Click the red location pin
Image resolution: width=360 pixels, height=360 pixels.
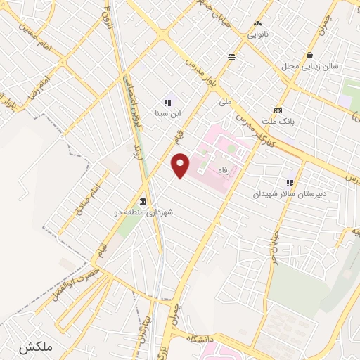point(181,165)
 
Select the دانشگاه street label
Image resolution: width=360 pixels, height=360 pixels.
point(202,340)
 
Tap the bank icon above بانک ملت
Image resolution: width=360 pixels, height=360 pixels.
point(278,110)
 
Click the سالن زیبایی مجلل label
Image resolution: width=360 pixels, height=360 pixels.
point(310,65)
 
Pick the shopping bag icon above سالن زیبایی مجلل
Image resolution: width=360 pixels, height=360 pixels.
point(309,56)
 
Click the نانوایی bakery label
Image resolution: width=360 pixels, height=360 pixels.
point(257,33)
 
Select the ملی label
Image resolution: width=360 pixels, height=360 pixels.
point(225,102)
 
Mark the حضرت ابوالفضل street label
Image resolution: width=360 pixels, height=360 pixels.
point(71,278)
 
